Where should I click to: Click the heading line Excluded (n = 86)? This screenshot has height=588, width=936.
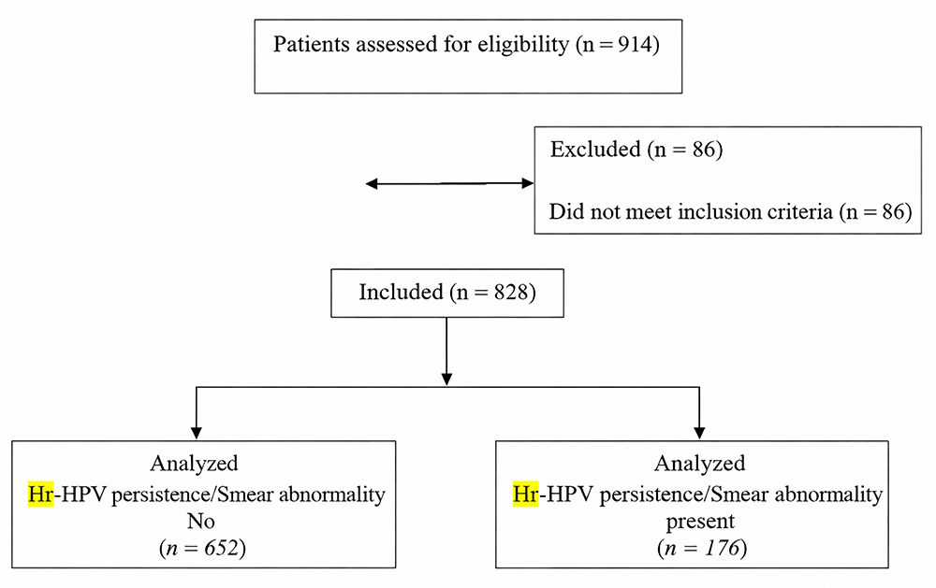[636, 151]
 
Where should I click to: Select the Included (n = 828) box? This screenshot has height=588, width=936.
[446, 293]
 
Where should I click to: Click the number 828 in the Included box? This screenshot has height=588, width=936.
[507, 293]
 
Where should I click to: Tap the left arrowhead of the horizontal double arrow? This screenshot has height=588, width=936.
[372, 184]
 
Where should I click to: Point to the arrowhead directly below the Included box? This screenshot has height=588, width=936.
[446, 379]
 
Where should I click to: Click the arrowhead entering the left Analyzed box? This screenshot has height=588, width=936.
[196, 433]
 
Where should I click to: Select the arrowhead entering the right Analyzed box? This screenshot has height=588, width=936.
[699, 433]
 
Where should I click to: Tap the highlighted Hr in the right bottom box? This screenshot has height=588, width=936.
[525, 495]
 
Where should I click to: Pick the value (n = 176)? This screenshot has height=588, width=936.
[699, 548]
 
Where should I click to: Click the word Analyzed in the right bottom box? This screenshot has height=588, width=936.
[699, 464]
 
